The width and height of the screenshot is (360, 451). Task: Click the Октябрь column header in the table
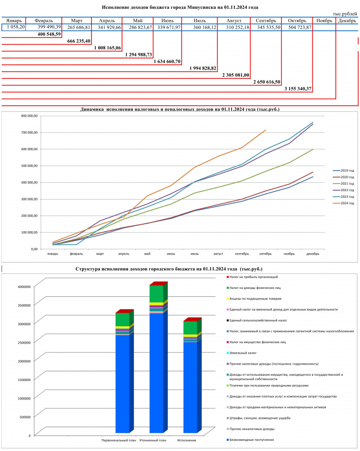tap(297, 21)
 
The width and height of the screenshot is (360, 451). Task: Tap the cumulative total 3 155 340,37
tap(298, 89)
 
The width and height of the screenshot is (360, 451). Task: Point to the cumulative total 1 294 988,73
tap(138, 55)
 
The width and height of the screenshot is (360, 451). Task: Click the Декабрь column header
tap(347, 21)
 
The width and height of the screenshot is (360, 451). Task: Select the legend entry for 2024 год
tap(343, 203)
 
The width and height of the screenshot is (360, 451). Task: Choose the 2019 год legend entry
tap(343, 170)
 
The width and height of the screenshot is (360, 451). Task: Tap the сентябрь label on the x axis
tap(242, 254)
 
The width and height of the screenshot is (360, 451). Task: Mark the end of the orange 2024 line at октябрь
tap(265, 130)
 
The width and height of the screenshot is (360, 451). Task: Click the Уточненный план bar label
tap(153, 440)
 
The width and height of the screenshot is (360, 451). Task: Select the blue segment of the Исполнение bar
tap(190, 387)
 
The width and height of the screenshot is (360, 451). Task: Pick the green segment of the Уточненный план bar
tap(156, 294)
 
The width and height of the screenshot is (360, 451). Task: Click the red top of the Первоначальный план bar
tap(125, 311)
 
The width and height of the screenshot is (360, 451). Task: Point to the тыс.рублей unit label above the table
tap(345, 14)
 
